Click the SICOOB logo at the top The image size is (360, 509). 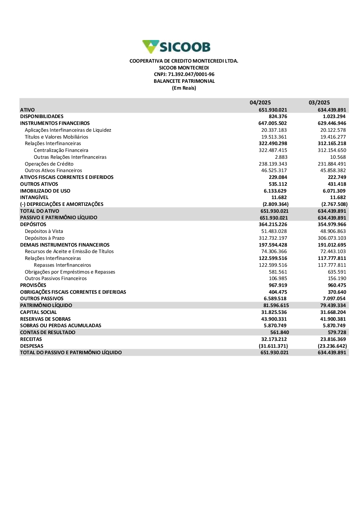point(176,47)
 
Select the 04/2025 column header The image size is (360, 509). point(260,103)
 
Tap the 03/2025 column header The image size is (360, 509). point(319,103)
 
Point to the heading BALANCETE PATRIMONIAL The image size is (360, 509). point(184,81)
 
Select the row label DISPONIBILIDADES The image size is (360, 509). point(42,117)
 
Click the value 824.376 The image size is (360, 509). point(278,117)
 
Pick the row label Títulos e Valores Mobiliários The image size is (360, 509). point(56,137)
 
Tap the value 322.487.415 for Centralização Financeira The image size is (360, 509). point(273,150)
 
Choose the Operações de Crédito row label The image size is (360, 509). point(49,164)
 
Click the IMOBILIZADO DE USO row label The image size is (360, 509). point(45,191)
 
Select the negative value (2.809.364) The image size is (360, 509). point(275,204)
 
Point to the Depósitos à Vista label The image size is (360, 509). point(44,231)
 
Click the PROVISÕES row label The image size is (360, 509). point(33,285)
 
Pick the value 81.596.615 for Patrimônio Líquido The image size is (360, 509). point(276,306)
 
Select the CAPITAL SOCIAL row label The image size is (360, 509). point(38,312)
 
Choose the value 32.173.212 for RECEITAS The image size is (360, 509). point(274,339)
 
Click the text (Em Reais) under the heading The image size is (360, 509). point(184,88)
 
